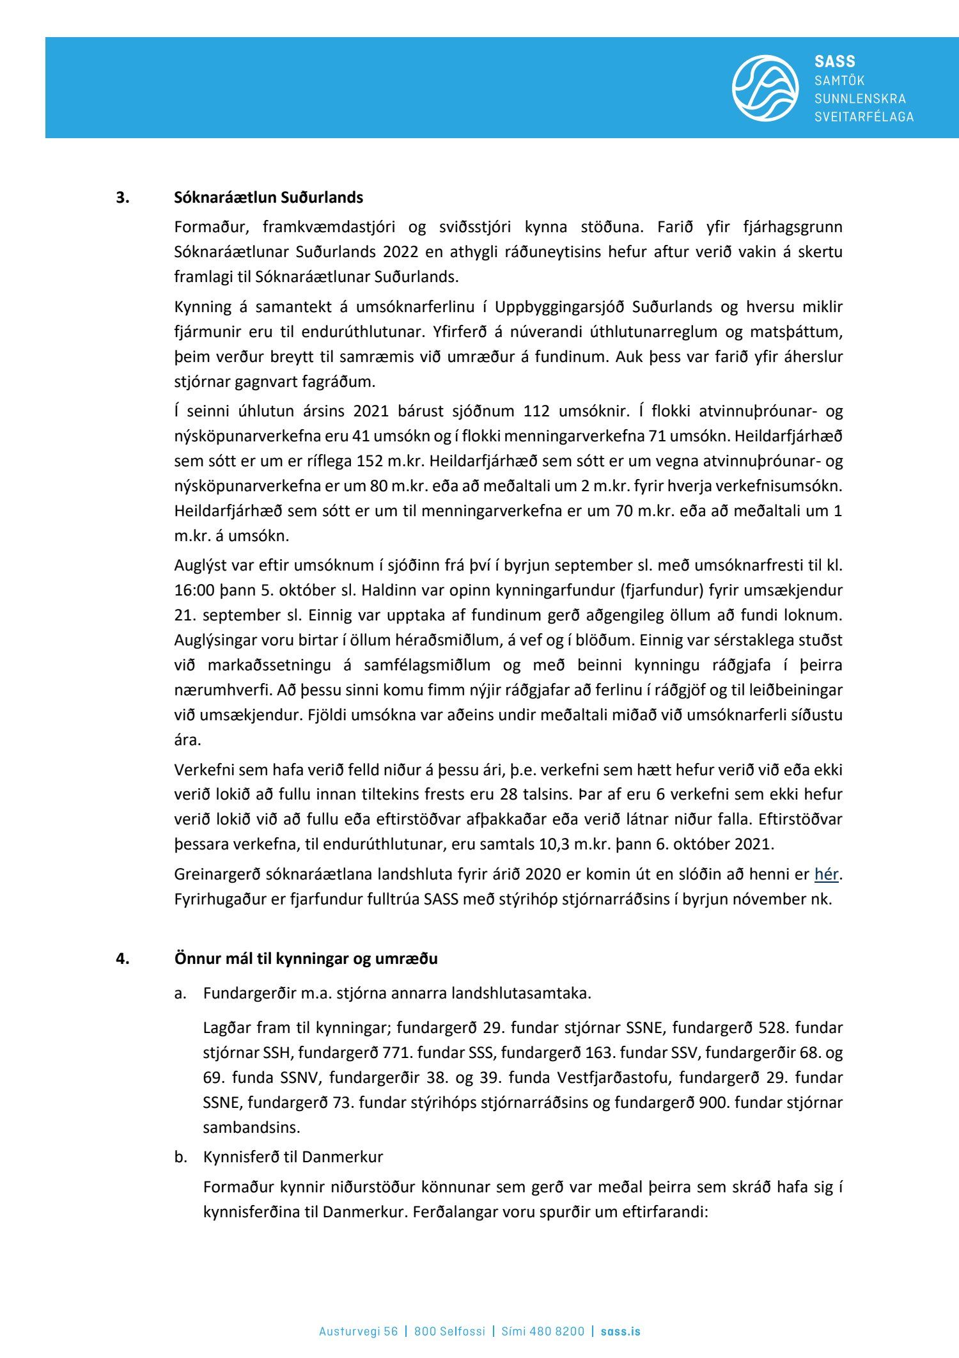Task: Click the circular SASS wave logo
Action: [x=765, y=88]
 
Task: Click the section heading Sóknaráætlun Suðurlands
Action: [x=268, y=198]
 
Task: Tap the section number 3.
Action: [x=122, y=198]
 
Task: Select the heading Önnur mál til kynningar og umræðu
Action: [x=306, y=959]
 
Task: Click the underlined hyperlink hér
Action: [x=826, y=874]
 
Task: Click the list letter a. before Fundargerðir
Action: [x=180, y=993]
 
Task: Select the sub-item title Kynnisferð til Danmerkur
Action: [x=293, y=1157]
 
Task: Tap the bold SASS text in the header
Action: [x=834, y=61]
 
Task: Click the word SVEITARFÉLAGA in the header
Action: [x=864, y=116]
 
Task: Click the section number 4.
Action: [x=122, y=959]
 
